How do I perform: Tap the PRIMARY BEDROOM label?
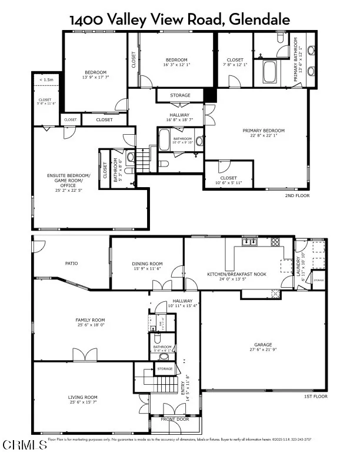pyautogui.click(x=264, y=131)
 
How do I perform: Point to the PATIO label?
pyautogui.click(x=72, y=263)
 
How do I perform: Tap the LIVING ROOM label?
pyautogui.click(x=82, y=397)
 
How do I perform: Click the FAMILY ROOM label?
pyautogui.click(x=90, y=319)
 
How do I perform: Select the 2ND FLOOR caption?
pyautogui.click(x=297, y=195)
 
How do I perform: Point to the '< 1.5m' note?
pyautogui.click(x=46, y=79)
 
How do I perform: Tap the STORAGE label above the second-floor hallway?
pyautogui.click(x=180, y=95)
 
